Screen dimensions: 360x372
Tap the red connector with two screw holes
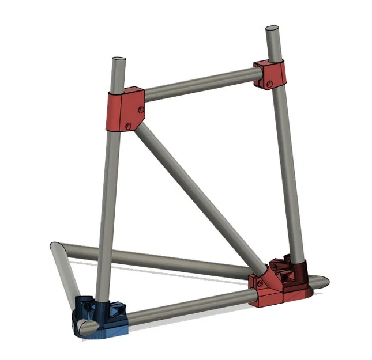(x=124, y=110)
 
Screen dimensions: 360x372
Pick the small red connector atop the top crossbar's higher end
(x=270, y=74)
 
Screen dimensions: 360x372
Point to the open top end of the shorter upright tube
(x=118, y=59)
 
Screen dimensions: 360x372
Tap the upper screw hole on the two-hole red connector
(x=140, y=107)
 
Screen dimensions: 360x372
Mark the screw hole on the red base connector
(x=259, y=283)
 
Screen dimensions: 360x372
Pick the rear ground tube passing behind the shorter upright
(x=173, y=263)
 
